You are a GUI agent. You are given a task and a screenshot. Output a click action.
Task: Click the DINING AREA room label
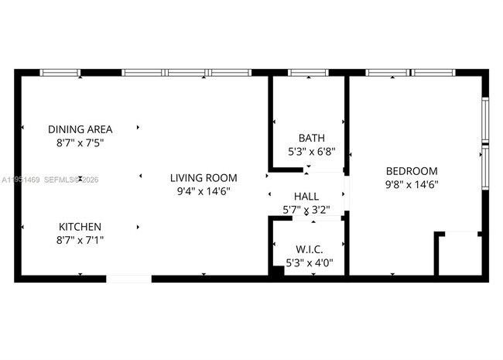[x=80, y=129]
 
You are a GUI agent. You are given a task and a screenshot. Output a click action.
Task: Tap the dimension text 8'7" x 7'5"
[x=80, y=143]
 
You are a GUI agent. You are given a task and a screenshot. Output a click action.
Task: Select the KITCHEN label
[x=80, y=227]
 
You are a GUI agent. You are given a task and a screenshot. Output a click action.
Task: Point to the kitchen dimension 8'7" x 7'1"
[x=80, y=241]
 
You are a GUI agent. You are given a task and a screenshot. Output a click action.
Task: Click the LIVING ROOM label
[x=204, y=178]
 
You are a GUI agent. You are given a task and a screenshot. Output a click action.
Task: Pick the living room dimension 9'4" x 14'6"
[x=204, y=191]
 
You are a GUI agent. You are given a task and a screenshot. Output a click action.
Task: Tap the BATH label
[x=306, y=139]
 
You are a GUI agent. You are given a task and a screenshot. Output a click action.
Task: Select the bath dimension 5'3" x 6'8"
[x=306, y=153]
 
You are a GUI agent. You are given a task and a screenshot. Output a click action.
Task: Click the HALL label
[x=306, y=197]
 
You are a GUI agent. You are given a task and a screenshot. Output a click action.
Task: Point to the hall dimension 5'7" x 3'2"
[x=306, y=210]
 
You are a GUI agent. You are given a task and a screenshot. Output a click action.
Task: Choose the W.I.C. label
[x=310, y=249]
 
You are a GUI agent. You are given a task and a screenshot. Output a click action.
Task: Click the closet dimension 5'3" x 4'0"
[x=310, y=262]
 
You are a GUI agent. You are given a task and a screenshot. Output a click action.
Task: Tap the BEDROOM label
[x=411, y=171]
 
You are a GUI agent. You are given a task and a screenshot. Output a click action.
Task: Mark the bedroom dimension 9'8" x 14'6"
[x=411, y=185]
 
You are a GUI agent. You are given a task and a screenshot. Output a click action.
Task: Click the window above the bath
[x=308, y=73]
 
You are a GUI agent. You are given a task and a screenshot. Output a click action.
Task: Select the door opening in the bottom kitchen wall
[x=128, y=278]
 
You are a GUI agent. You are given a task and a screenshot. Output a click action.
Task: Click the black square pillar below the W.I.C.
[x=276, y=272]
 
